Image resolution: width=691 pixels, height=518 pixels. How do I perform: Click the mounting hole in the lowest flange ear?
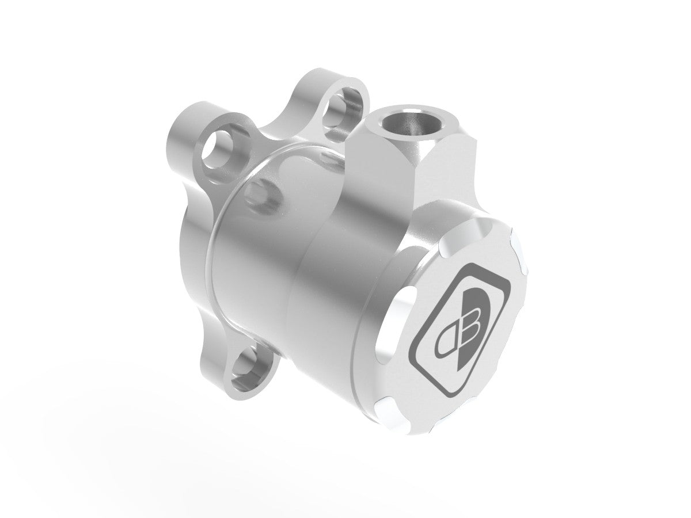(x=252, y=362)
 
